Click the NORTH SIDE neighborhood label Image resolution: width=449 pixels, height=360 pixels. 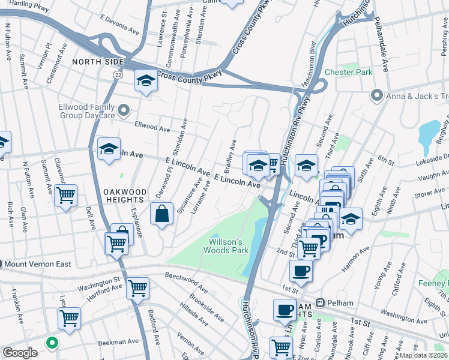98,62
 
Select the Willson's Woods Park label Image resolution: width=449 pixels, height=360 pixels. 228,246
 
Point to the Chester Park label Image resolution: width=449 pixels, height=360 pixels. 348,72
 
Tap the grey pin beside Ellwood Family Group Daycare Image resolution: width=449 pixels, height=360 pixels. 124,110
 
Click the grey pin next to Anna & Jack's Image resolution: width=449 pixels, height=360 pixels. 377,95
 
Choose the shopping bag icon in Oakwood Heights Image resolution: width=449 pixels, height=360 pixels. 162,214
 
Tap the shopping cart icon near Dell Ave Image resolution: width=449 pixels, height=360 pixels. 65,194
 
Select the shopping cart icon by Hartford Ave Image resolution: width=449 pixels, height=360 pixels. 138,288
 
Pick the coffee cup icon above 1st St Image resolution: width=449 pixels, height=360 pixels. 301,270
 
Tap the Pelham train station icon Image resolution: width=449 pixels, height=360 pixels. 321,303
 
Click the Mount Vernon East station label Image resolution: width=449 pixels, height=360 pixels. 36,264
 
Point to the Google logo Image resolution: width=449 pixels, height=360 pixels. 20,353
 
